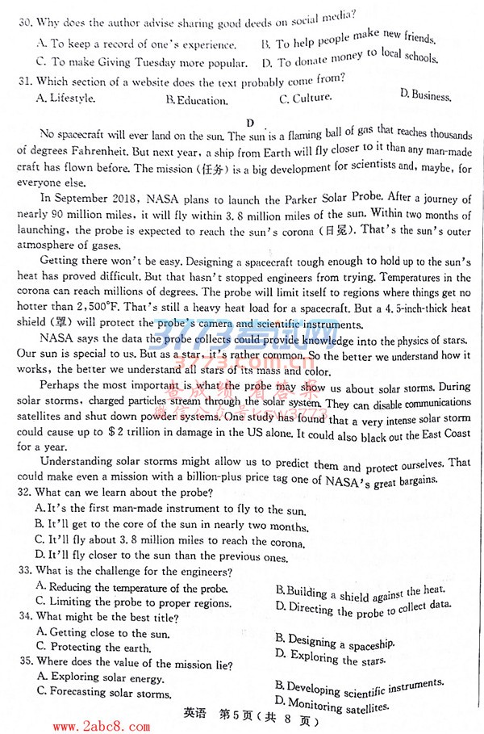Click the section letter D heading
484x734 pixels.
pos(250,123)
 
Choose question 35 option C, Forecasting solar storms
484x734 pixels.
pos(103,692)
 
